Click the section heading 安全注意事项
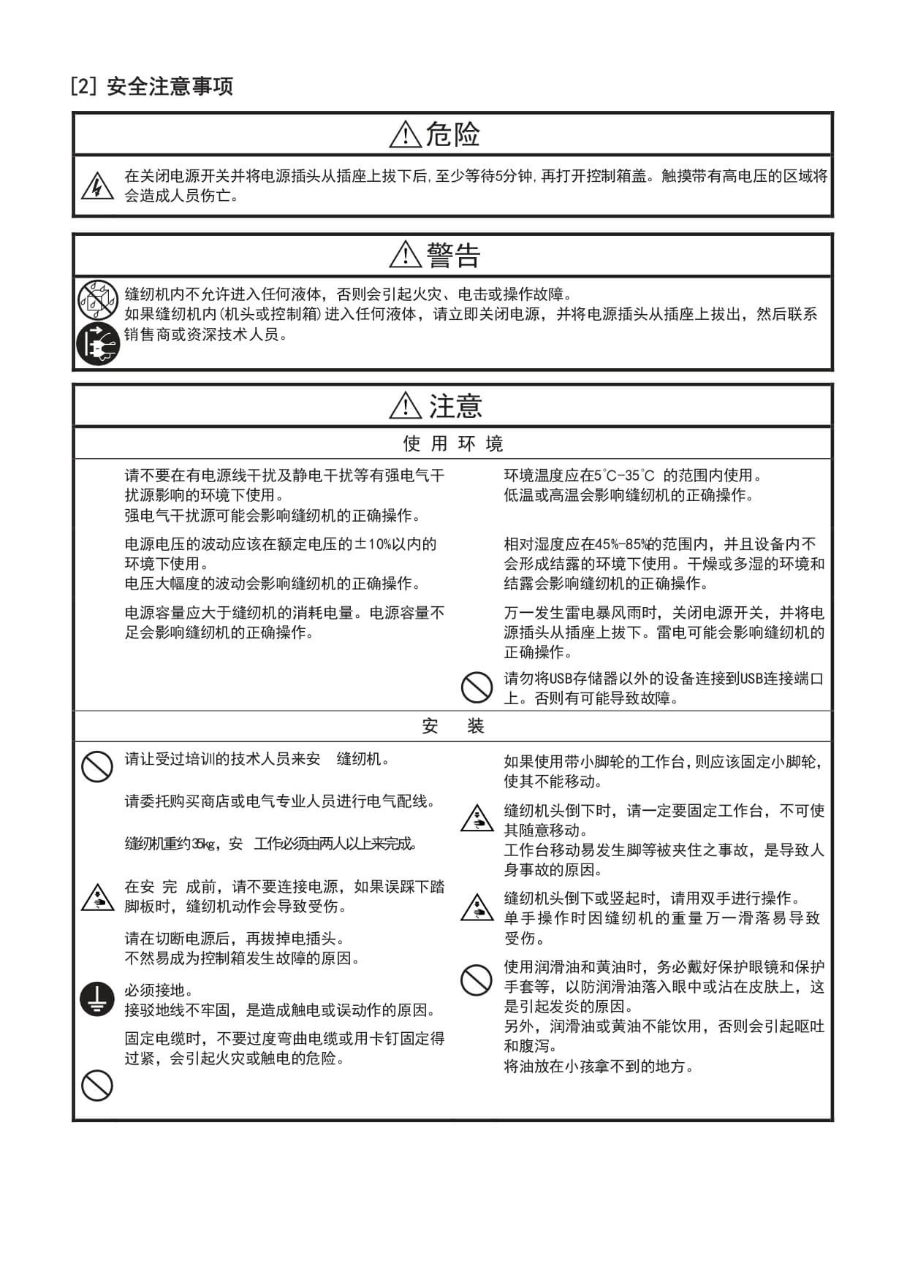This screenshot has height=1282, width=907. tap(170, 87)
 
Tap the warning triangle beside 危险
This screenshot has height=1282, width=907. tap(405, 135)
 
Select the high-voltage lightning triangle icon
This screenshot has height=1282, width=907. tap(97, 187)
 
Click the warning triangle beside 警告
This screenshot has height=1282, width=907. tap(405, 255)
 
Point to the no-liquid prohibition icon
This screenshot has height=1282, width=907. tap(98, 299)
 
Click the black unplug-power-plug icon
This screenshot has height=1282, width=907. tap(98, 343)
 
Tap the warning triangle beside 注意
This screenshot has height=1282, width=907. tap(406, 405)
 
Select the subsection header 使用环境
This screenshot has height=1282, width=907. tap(453, 443)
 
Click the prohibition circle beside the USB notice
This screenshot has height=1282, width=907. tap(477, 688)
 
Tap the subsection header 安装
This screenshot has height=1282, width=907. tap(453, 726)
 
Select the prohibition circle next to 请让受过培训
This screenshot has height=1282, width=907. tap(97, 767)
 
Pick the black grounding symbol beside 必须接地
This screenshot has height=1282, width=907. tap(97, 999)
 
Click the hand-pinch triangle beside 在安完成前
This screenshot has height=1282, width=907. tap(97, 898)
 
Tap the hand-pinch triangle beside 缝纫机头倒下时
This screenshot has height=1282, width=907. tap(477, 818)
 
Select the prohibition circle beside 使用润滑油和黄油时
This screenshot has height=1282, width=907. tap(477, 980)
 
